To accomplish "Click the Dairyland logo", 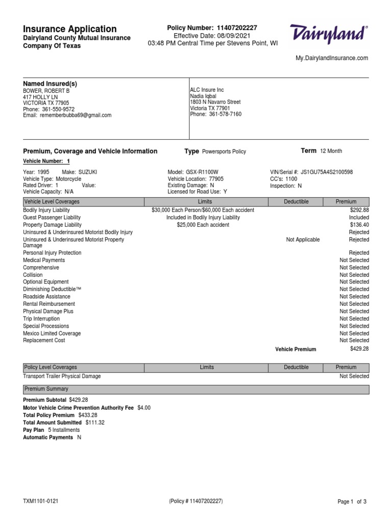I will (x=328, y=35).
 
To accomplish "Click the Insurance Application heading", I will (x=70, y=29).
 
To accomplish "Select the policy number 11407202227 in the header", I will (x=237, y=28).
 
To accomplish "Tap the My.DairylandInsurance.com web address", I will (x=332, y=59).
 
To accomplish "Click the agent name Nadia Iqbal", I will (x=203, y=96).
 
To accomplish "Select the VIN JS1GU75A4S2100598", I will (x=327, y=172).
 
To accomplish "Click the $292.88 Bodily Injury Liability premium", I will (x=359, y=210).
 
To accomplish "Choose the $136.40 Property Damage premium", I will (x=359, y=225).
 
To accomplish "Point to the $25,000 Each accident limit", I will (x=203, y=225).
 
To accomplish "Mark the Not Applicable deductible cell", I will (x=303, y=240).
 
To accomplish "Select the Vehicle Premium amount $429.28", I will (x=359, y=349).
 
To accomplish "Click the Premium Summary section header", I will (x=46, y=389).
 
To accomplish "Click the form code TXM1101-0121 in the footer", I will (x=41, y=502).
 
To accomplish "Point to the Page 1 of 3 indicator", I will (x=352, y=502).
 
